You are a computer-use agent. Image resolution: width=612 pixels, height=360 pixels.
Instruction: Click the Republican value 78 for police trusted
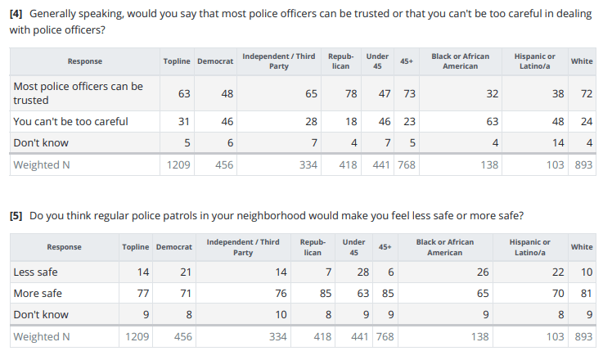(351, 93)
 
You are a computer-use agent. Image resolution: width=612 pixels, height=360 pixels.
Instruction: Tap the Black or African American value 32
(492, 93)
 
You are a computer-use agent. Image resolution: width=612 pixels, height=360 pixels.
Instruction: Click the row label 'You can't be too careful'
(70, 121)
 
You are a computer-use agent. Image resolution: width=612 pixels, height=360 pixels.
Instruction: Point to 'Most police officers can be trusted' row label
(78, 93)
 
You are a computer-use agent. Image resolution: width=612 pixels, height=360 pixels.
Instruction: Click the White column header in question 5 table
(582, 246)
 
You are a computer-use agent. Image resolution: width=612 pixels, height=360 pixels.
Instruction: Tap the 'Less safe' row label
(35, 272)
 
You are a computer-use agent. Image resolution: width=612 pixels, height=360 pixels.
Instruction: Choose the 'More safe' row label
(38, 293)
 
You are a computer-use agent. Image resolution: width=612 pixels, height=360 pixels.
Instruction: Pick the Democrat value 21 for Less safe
(185, 272)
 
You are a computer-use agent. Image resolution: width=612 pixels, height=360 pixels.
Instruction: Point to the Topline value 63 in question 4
(184, 93)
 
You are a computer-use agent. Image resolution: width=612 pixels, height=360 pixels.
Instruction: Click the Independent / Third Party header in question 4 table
(279, 61)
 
